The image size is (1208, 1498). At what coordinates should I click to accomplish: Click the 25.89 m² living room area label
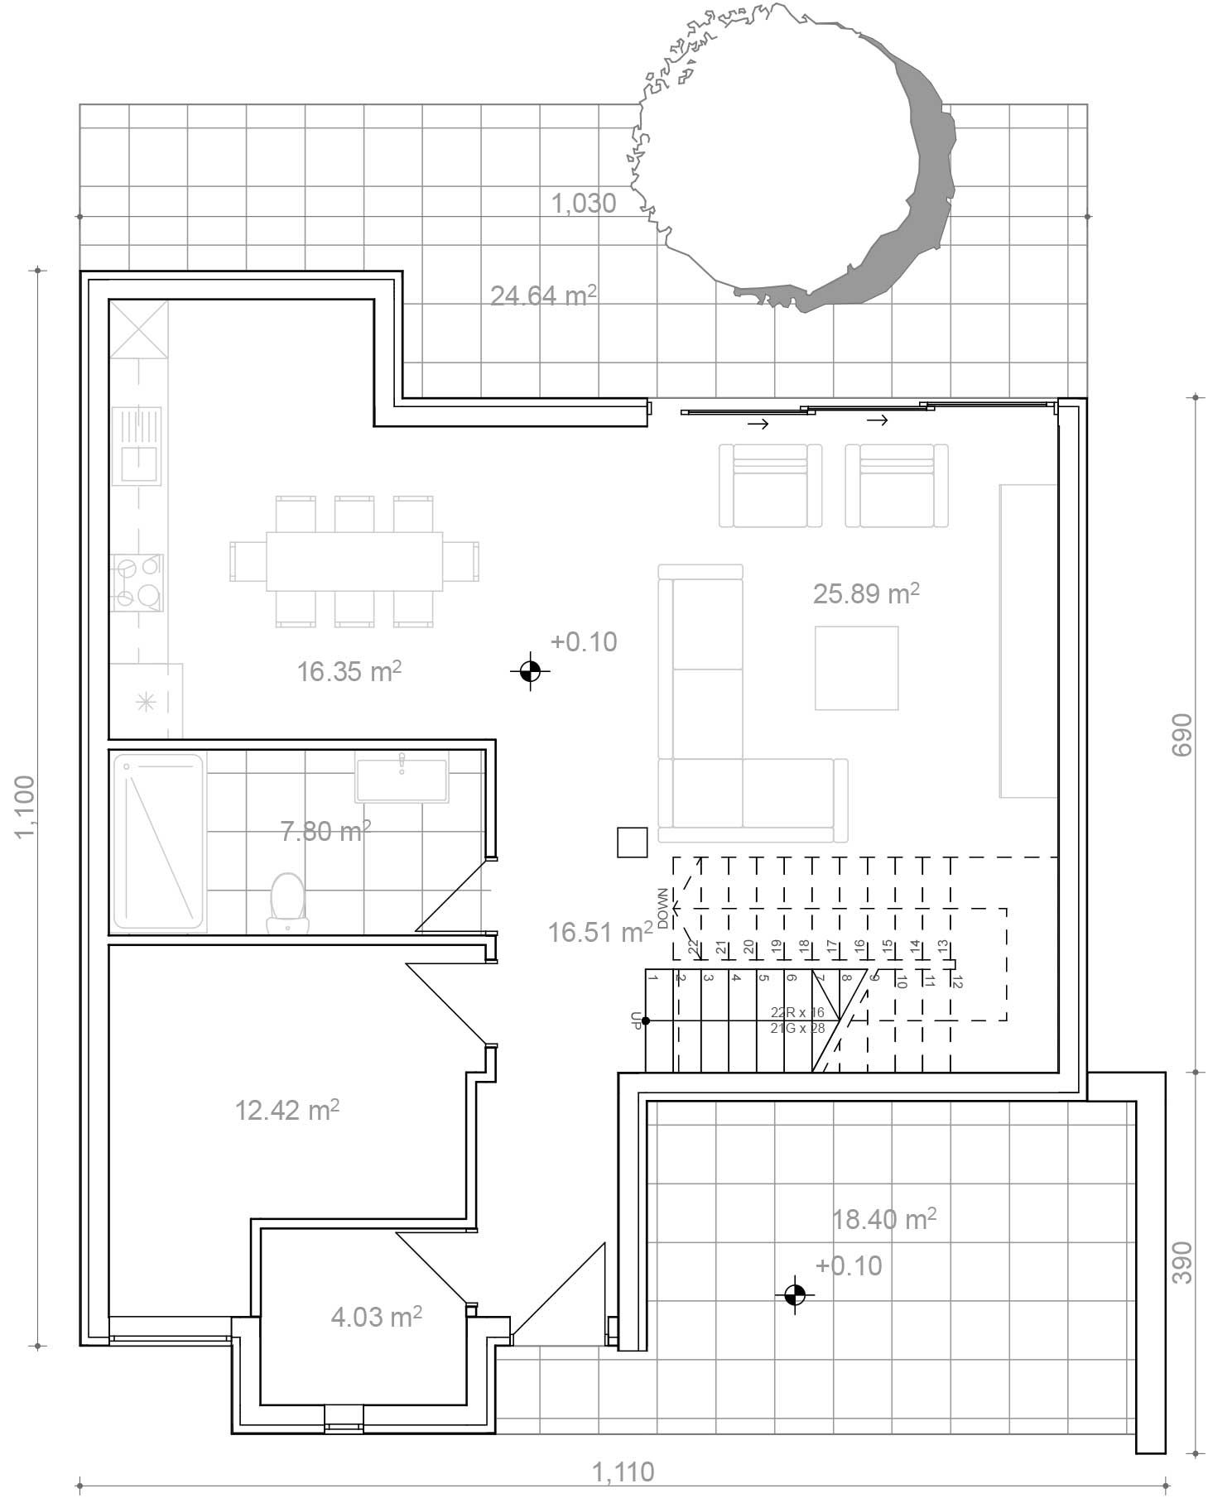[x=866, y=593]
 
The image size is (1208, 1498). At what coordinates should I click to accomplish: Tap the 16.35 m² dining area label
[x=349, y=670]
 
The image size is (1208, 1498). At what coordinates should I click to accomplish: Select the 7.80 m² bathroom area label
[x=325, y=830]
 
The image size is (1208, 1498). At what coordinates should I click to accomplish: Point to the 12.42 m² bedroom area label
[x=287, y=1109]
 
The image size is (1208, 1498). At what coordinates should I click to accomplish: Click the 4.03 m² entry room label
[x=377, y=1316]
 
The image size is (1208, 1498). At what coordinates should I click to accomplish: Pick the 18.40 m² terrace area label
[x=884, y=1218]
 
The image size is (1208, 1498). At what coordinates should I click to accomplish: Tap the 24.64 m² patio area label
[x=543, y=295]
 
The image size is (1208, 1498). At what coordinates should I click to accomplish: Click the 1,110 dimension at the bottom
[x=623, y=1472]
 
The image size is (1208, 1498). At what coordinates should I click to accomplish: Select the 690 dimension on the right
[x=1182, y=734]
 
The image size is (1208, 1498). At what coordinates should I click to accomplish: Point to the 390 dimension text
[x=1182, y=1262]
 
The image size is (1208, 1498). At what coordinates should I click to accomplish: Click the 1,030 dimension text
[x=584, y=203]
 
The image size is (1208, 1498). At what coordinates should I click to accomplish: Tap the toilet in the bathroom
[x=287, y=902]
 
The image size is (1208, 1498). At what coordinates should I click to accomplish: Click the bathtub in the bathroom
[x=158, y=841]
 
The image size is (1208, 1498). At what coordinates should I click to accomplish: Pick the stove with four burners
[x=137, y=583]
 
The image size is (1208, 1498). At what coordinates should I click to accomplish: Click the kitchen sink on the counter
[x=137, y=445]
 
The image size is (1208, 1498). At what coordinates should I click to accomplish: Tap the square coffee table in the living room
[x=856, y=668]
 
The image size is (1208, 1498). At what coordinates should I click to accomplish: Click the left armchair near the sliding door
[x=770, y=485]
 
